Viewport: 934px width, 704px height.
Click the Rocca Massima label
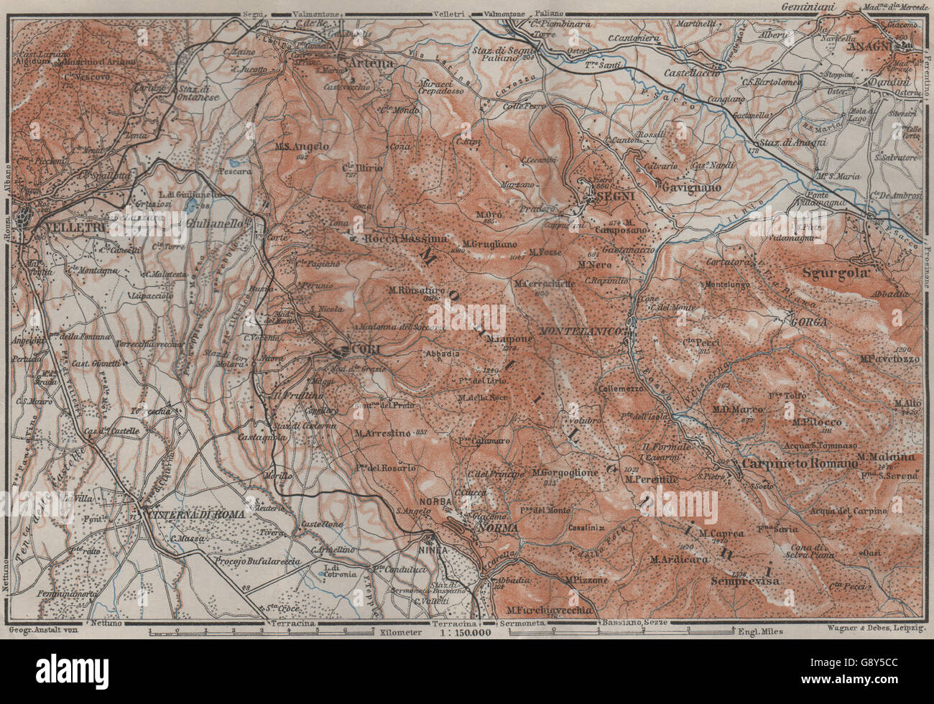point(405,238)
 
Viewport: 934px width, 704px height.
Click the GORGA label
point(808,322)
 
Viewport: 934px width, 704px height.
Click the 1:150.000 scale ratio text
point(461,632)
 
